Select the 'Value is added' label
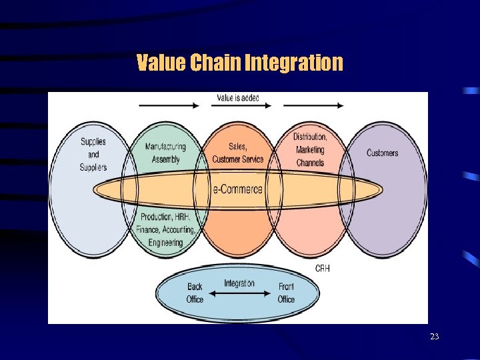pos(238,99)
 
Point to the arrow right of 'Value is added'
pos(313,105)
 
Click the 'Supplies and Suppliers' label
pos(93,154)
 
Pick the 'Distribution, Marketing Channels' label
pos(310,149)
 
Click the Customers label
pos(382,153)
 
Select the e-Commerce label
pos(238,189)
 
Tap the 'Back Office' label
pos(195,293)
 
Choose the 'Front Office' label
pos(286,293)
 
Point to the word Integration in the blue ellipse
pos(239,283)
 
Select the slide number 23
pos(435,337)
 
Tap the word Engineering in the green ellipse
pos(166,243)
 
